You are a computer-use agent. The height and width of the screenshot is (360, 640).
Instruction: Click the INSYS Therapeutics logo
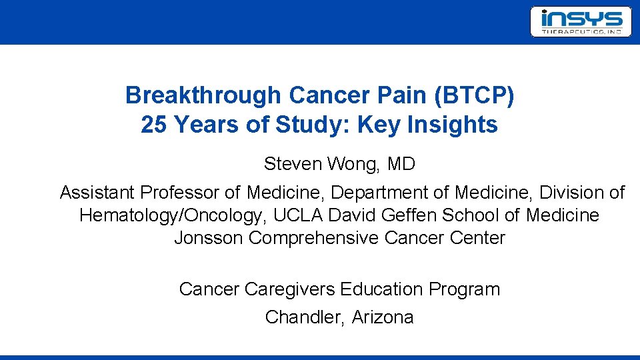point(580,21)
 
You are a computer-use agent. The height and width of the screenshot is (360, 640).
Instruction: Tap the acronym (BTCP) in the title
point(473,96)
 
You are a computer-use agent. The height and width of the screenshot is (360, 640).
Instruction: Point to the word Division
point(575,193)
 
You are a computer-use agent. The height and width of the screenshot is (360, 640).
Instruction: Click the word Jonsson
point(209,238)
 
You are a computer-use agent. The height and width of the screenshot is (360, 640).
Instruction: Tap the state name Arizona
point(383,317)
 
